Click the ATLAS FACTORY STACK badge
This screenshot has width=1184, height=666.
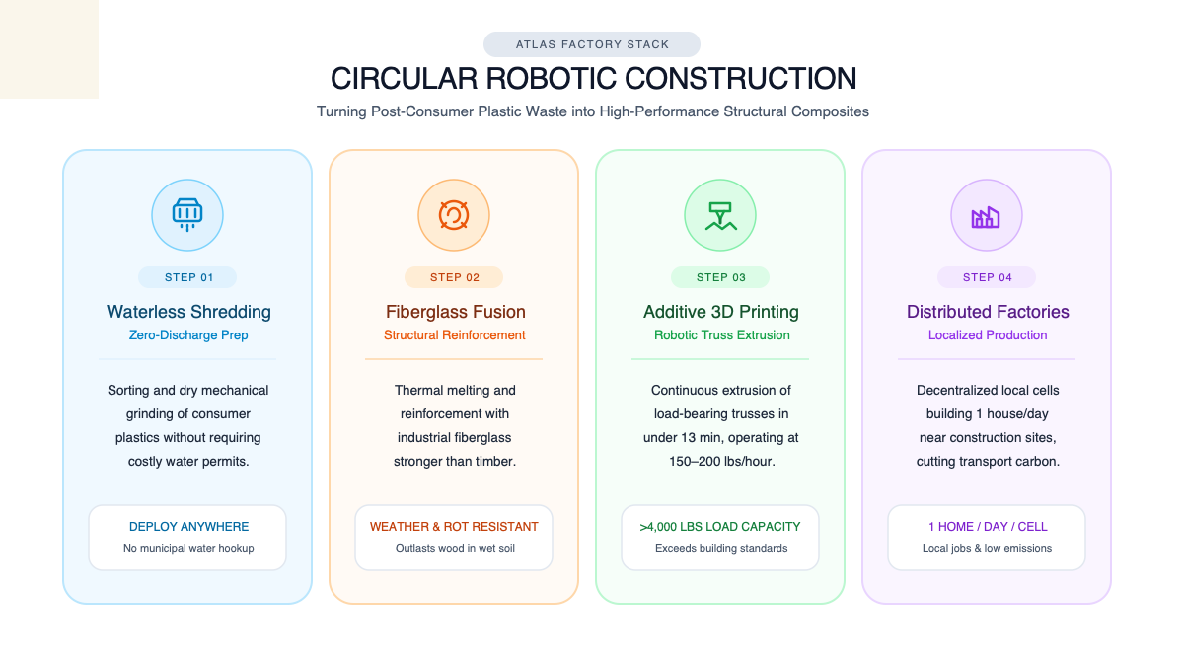[x=591, y=44]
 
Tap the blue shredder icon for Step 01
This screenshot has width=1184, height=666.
[x=187, y=215]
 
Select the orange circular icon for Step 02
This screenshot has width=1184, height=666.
[x=454, y=215]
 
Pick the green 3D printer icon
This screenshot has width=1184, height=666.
[x=720, y=216]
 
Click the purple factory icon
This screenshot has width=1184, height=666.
[x=986, y=217]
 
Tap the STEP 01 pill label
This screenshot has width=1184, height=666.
[x=187, y=277]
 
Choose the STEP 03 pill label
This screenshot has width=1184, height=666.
[x=720, y=277]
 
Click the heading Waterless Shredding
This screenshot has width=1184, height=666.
[x=188, y=312]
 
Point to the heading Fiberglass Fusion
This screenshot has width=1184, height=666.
[x=455, y=312]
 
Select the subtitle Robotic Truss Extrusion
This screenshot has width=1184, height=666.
[x=721, y=335]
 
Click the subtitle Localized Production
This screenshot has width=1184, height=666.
[x=988, y=335]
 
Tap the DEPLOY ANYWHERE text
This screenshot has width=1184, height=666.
[x=188, y=527]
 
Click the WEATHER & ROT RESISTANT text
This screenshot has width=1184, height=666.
[x=454, y=527]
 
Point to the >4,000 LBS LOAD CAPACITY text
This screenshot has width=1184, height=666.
[x=720, y=527]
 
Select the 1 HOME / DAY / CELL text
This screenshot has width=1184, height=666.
[x=988, y=527]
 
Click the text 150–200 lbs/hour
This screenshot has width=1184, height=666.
[x=721, y=462]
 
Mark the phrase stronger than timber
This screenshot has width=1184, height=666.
[x=455, y=462]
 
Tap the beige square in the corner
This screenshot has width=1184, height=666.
[x=49, y=49]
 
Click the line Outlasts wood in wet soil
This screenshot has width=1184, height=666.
[x=455, y=549]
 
